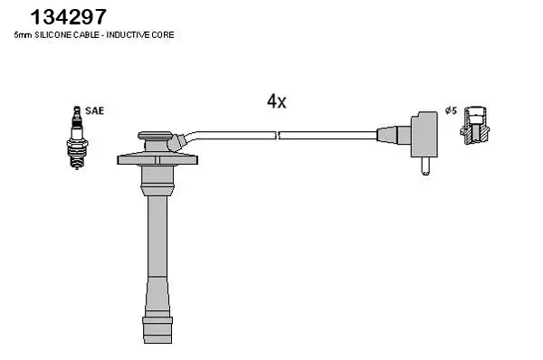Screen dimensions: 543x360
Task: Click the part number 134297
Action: (x=68, y=17)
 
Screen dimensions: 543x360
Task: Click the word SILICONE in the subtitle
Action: (x=50, y=35)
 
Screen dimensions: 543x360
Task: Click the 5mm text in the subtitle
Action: (x=23, y=35)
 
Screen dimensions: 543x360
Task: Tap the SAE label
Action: (x=94, y=110)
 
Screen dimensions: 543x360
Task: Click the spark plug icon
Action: (x=77, y=137)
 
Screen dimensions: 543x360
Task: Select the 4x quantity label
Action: (x=276, y=101)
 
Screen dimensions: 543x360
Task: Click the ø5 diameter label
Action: (x=452, y=110)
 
